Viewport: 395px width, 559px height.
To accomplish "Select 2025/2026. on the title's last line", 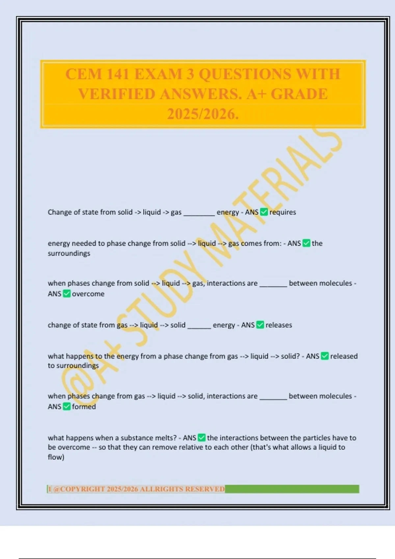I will [x=203, y=114].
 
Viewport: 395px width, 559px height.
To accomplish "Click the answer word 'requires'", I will [x=283, y=212].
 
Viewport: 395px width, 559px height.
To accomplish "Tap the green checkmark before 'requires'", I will [x=264, y=212].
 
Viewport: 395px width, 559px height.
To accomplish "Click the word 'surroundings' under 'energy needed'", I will [x=69, y=254].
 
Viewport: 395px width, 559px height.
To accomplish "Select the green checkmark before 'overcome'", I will [x=66, y=294].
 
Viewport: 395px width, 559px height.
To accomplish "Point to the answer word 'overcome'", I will [x=88, y=294].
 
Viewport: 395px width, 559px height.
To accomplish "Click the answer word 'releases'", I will [x=279, y=325].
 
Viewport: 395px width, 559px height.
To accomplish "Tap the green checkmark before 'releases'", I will [x=260, y=325].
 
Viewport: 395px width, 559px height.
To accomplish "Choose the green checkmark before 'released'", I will [x=325, y=356].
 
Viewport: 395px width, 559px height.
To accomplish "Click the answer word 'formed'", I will [x=84, y=407].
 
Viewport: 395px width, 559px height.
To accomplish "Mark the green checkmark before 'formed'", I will [x=66, y=407].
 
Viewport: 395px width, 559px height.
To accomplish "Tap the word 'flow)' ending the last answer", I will [x=56, y=457].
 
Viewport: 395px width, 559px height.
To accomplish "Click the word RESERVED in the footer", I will [x=205, y=489].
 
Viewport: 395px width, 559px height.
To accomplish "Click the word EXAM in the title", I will [x=158, y=74].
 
